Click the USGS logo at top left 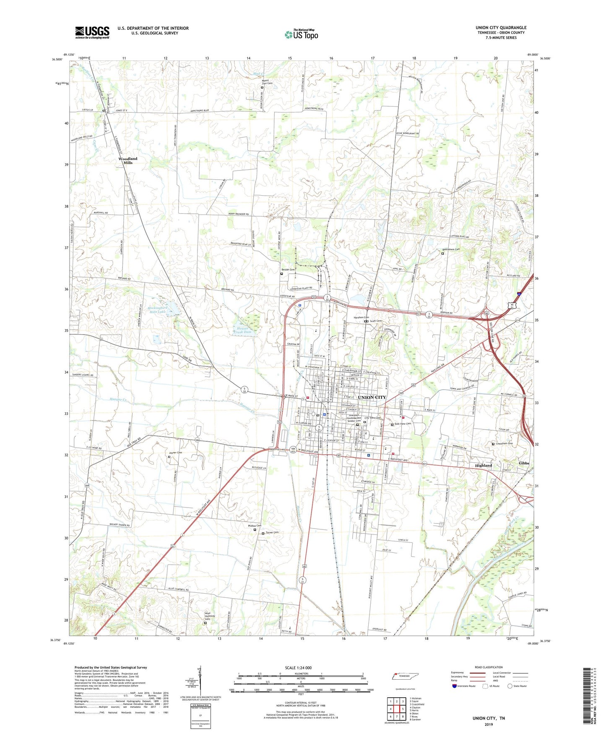(x=92, y=32)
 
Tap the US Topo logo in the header (x=301, y=34)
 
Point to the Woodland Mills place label (x=127, y=160)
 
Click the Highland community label (x=483, y=466)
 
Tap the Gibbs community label (x=524, y=463)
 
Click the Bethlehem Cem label (x=451, y=249)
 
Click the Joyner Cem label (x=176, y=453)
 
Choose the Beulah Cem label (x=289, y=270)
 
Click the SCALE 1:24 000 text (x=298, y=668)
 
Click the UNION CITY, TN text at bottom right (x=489, y=718)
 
